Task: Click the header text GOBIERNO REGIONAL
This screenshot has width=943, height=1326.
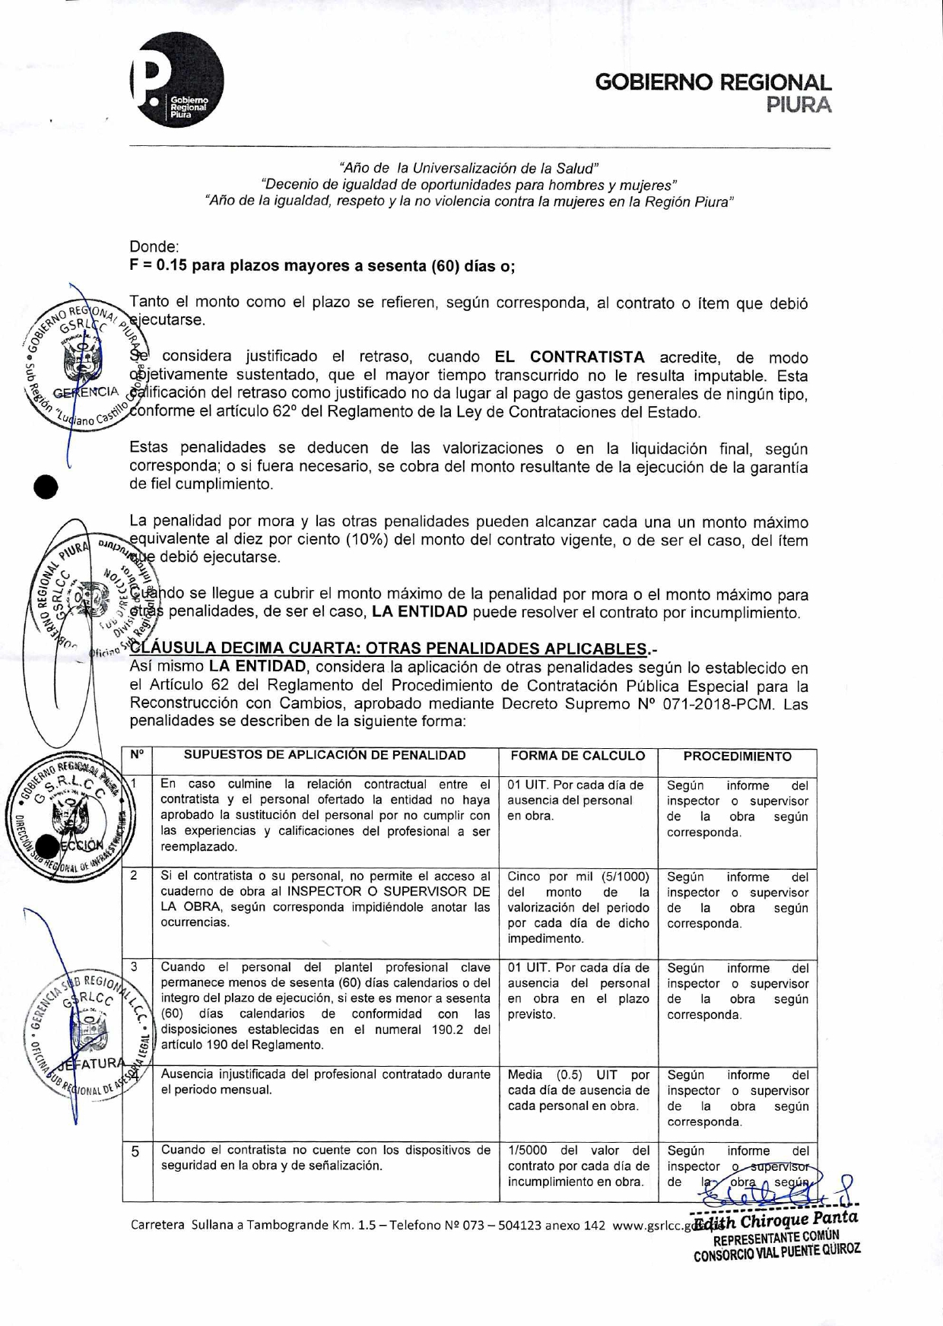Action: (713, 82)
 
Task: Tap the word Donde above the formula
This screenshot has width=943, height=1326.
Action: (153, 247)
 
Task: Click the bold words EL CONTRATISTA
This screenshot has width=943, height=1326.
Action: (570, 357)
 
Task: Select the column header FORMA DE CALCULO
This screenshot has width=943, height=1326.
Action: (578, 756)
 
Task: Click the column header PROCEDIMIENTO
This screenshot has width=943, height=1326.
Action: (737, 757)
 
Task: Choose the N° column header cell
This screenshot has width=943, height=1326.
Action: (137, 755)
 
